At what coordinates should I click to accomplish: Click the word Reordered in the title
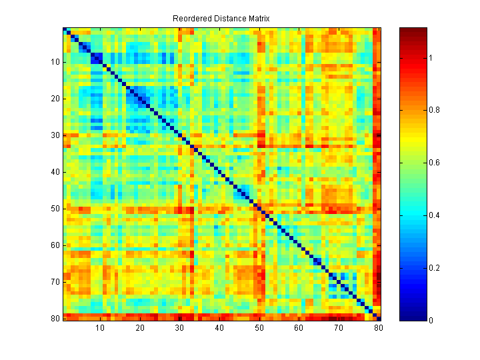click(x=192, y=18)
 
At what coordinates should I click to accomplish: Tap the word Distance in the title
click(x=228, y=18)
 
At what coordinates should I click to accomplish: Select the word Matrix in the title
click(x=257, y=18)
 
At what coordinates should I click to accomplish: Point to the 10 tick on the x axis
click(x=100, y=328)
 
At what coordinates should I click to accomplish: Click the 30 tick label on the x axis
click(x=179, y=328)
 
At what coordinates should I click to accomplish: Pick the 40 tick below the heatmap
click(x=219, y=328)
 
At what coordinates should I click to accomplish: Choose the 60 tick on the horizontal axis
click(x=299, y=328)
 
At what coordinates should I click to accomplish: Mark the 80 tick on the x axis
click(x=379, y=328)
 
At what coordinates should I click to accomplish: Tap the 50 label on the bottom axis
click(x=259, y=328)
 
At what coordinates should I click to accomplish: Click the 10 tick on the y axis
click(x=55, y=62)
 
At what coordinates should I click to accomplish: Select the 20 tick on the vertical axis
click(x=55, y=99)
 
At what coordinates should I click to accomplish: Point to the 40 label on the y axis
click(x=55, y=172)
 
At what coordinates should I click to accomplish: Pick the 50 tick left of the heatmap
click(x=55, y=209)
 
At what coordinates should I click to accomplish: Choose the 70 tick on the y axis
click(x=55, y=282)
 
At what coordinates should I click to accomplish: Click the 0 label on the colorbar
click(x=430, y=321)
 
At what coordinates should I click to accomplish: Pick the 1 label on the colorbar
click(x=430, y=58)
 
